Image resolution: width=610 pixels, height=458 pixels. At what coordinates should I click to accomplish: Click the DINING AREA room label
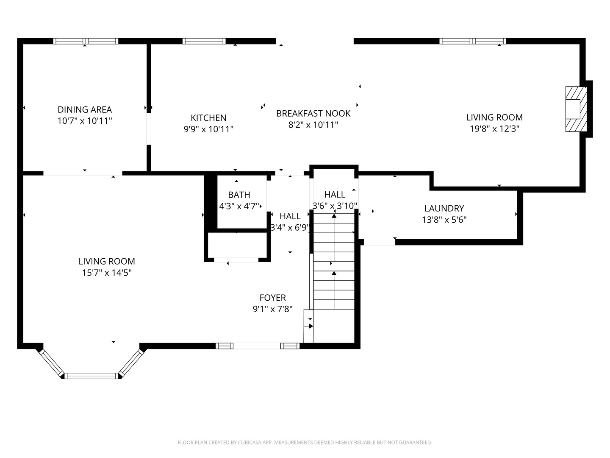point(85,109)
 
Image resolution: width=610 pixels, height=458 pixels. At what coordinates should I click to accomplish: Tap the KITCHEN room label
point(208,118)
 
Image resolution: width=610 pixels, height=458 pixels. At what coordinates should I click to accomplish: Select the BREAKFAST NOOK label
point(313,114)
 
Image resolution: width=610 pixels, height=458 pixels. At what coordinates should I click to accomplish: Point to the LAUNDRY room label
point(444,208)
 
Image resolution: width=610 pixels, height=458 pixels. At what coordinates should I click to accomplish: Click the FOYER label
point(273,298)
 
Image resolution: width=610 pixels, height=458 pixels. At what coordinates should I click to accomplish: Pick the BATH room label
point(239,195)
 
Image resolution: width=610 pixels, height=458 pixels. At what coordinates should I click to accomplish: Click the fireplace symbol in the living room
point(576,109)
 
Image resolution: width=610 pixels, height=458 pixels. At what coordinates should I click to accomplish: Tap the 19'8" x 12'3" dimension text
point(494,129)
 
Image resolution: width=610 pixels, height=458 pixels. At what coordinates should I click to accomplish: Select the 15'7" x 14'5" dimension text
point(107,273)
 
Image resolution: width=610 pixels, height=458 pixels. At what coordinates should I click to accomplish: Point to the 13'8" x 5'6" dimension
point(444,220)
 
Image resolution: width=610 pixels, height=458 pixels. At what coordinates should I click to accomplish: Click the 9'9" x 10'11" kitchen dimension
point(208,129)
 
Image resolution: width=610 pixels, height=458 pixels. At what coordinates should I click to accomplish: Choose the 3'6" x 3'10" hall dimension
point(335,206)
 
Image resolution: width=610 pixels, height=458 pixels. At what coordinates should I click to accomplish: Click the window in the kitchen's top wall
point(204,41)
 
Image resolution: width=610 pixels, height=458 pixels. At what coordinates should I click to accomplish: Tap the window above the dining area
point(86,41)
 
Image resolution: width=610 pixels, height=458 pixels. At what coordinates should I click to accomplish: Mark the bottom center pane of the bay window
point(91,376)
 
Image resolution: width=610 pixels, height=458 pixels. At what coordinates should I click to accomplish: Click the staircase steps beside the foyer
point(334,261)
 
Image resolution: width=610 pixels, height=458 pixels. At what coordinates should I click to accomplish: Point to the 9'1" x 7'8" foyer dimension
point(273,309)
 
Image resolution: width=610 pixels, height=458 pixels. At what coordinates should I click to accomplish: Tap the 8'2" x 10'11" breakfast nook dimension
point(313,125)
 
